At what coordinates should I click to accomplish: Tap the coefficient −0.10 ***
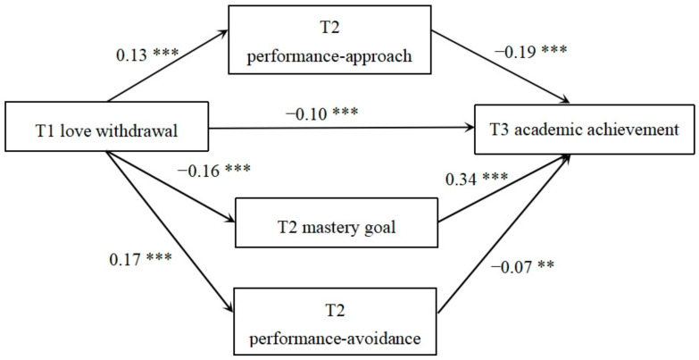pyautogui.click(x=324, y=114)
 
